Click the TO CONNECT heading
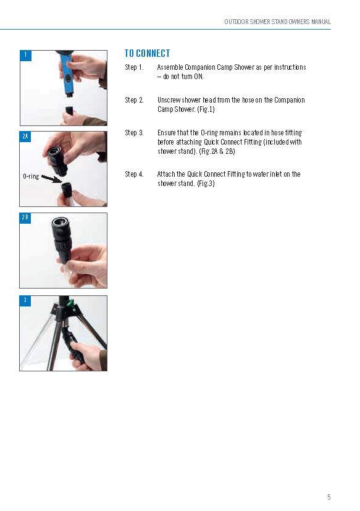point(147,53)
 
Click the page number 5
point(329,497)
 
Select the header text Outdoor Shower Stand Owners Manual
point(278,22)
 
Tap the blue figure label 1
point(26,56)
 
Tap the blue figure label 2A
point(25,137)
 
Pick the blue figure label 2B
point(25,218)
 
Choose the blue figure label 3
point(25,301)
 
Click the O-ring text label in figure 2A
point(31,177)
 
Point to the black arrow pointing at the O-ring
point(52,179)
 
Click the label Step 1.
point(134,67)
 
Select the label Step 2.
point(134,100)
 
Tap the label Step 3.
point(134,133)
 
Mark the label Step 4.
point(134,174)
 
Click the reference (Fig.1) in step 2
point(206,109)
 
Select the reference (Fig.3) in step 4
point(206,184)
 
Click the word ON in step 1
point(198,77)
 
